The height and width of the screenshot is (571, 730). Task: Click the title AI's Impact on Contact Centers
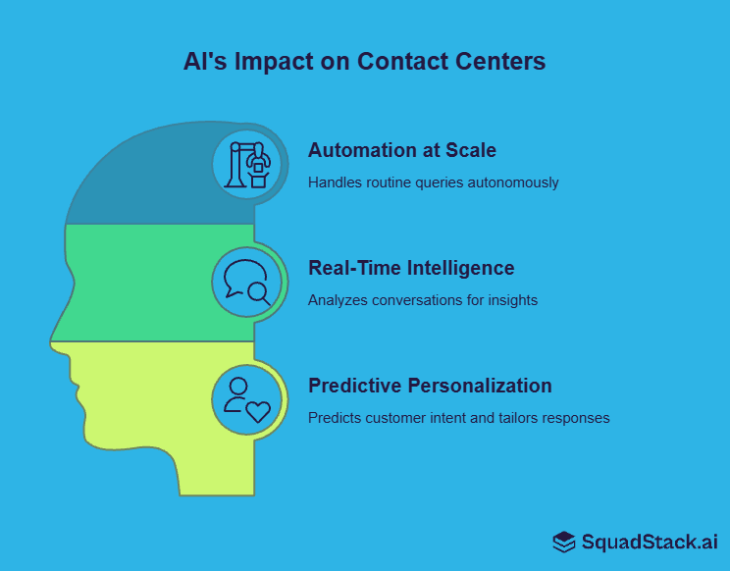tap(364, 62)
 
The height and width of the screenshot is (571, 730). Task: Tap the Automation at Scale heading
tap(401, 150)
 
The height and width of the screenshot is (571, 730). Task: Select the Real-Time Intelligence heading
tap(410, 268)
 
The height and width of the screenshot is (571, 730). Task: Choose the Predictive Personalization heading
tap(429, 386)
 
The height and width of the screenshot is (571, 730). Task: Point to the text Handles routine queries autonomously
tap(433, 182)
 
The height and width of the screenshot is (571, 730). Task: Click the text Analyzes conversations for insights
tap(422, 300)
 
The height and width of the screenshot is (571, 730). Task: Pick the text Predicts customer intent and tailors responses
tap(458, 418)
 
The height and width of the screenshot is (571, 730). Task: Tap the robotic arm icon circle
tap(247, 164)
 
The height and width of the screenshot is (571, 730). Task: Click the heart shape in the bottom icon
tap(257, 409)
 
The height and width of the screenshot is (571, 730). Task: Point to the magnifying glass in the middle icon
tap(259, 291)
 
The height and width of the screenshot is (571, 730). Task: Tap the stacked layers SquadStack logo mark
tap(563, 542)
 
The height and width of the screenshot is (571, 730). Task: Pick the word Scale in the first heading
tap(471, 150)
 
